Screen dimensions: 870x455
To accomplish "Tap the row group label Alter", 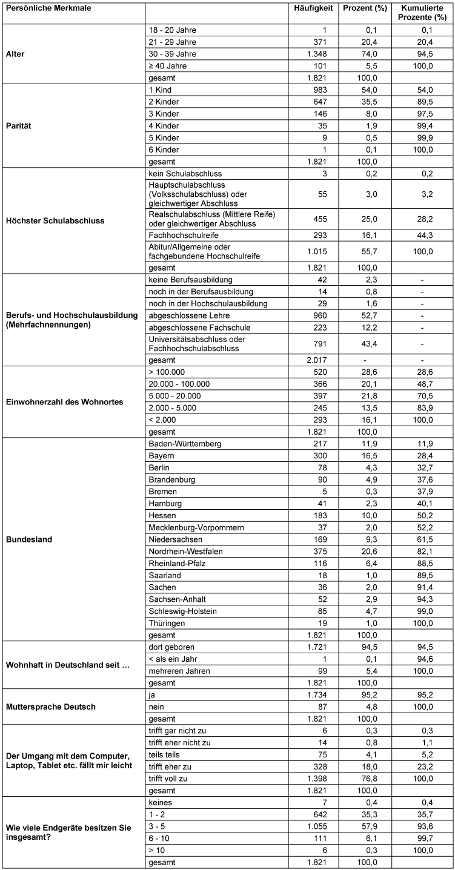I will coord(16,54).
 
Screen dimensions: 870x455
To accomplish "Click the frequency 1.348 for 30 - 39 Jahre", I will coord(315,54).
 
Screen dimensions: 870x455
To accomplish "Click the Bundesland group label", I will coord(28,539).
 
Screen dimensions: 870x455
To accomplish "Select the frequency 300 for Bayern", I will coord(319,455).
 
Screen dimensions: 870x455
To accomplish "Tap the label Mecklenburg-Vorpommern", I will coord(196,527).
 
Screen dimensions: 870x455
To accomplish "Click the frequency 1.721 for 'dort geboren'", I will coord(315,647).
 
